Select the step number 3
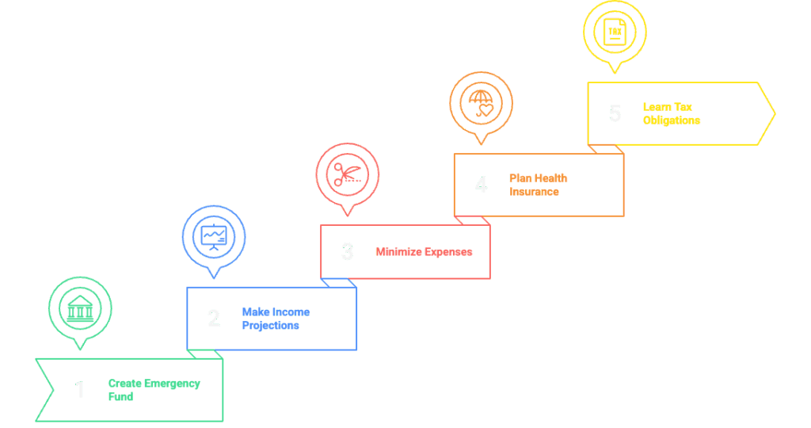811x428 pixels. tap(347, 252)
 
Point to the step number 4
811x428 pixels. tap(481, 185)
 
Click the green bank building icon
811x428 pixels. tap(80, 308)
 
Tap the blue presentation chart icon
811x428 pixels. tap(214, 236)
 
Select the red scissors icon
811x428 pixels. tap(347, 174)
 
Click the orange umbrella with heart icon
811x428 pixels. tap(481, 104)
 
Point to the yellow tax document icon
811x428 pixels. tap(615, 32)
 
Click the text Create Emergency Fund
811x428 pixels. tap(154, 390)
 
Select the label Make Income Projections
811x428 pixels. tap(276, 319)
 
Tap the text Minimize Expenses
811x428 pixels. tap(424, 252)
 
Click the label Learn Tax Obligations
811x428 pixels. tap(672, 113)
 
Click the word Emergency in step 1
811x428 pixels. tap(173, 384)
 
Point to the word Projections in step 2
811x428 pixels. tap(270, 326)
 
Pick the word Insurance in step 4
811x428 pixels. tap(535, 192)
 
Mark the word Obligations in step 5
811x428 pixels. tap(672, 120)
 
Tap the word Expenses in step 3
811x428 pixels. tap(448, 252)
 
